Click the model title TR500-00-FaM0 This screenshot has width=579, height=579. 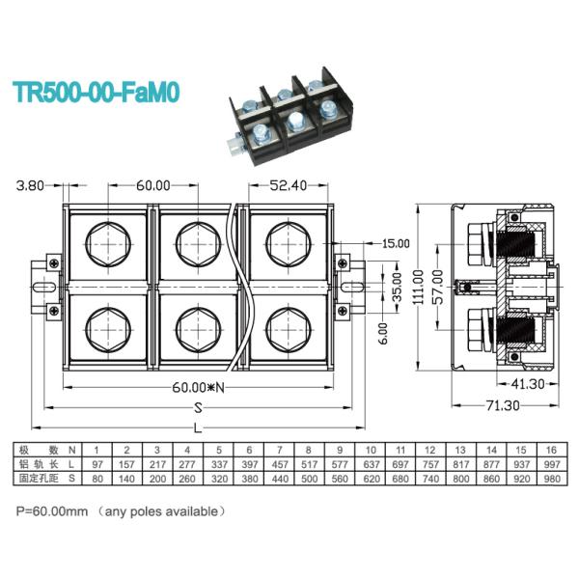point(96,94)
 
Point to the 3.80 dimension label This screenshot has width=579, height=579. point(32,185)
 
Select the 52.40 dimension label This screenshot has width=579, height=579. point(289,185)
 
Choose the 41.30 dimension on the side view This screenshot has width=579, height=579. point(527,385)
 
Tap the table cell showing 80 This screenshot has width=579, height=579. point(96,478)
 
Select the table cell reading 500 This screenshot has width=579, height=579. point(309,478)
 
